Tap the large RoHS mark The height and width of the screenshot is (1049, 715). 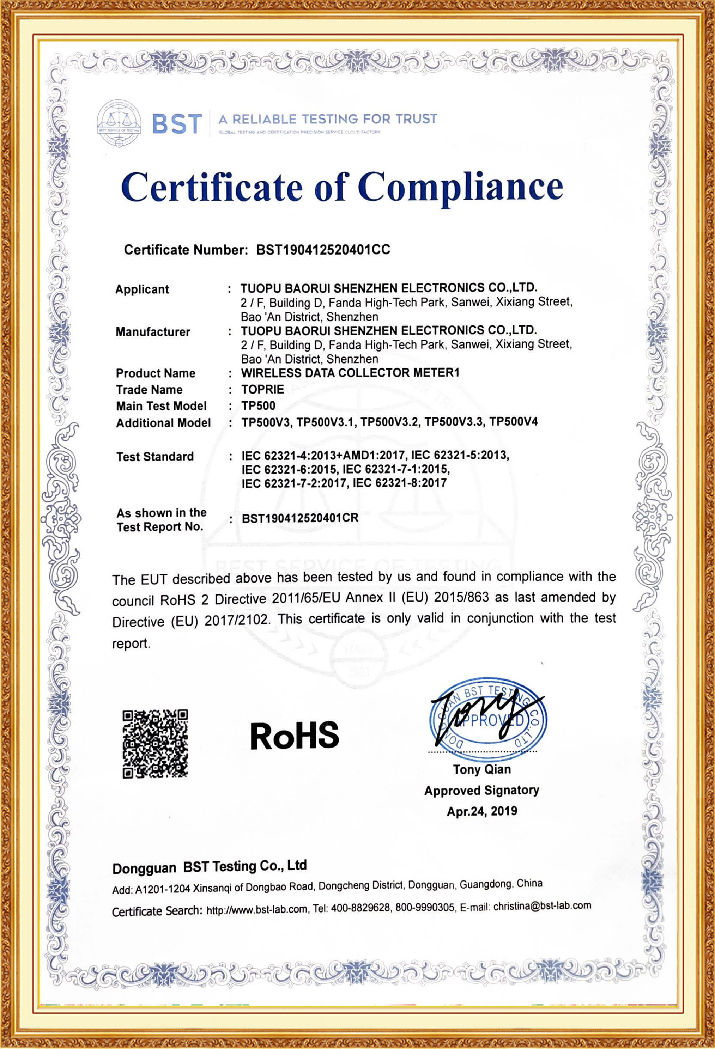(x=295, y=735)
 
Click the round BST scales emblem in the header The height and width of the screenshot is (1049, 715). (x=119, y=123)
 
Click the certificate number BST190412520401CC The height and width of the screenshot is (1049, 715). (x=323, y=250)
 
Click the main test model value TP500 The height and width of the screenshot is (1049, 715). (x=258, y=405)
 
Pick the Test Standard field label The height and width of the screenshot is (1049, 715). (x=155, y=456)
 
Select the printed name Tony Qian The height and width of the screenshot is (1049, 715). (x=482, y=770)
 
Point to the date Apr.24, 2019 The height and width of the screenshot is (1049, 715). (x=482, y=811)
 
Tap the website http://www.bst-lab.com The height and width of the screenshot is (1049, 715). (x=256, y=909)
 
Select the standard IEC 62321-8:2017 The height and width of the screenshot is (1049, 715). (x=399, y=483)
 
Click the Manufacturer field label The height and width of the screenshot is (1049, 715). (x=153, y=332)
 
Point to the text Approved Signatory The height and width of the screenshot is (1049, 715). (x=481, y=790)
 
